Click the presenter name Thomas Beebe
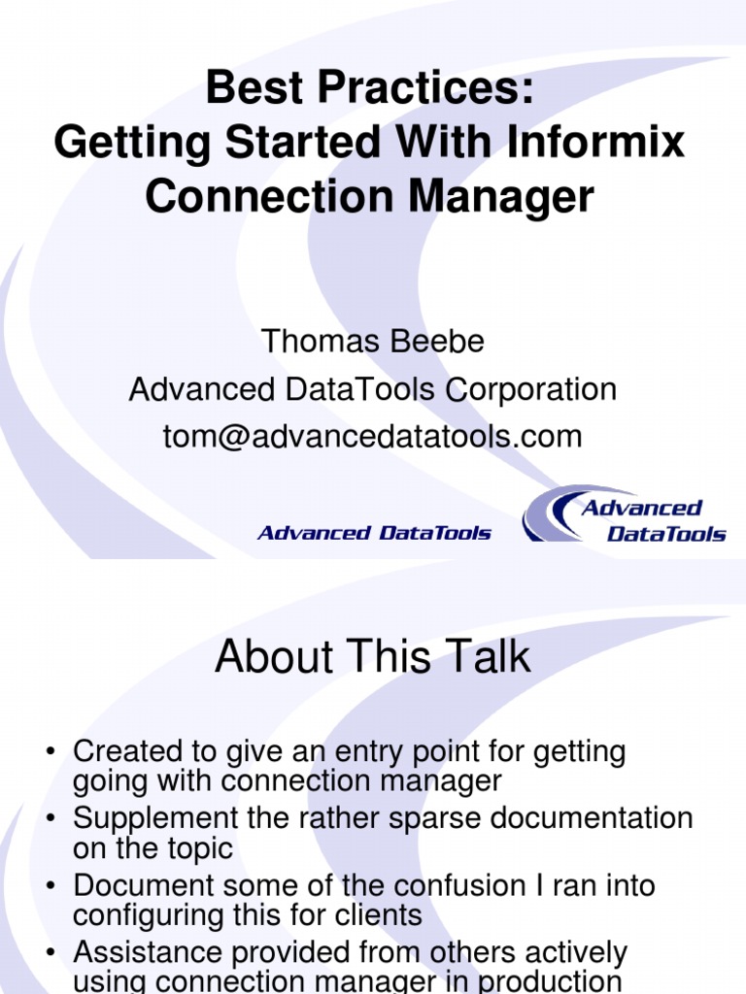tap(373, 342)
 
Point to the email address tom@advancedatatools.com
tap(373, 437)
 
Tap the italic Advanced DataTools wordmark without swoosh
tap(374, 532)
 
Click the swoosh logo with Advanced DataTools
tap(625, 515)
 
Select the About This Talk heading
tap(373, 657)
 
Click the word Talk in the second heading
tap(488, 657)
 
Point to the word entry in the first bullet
tap(370, 751)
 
